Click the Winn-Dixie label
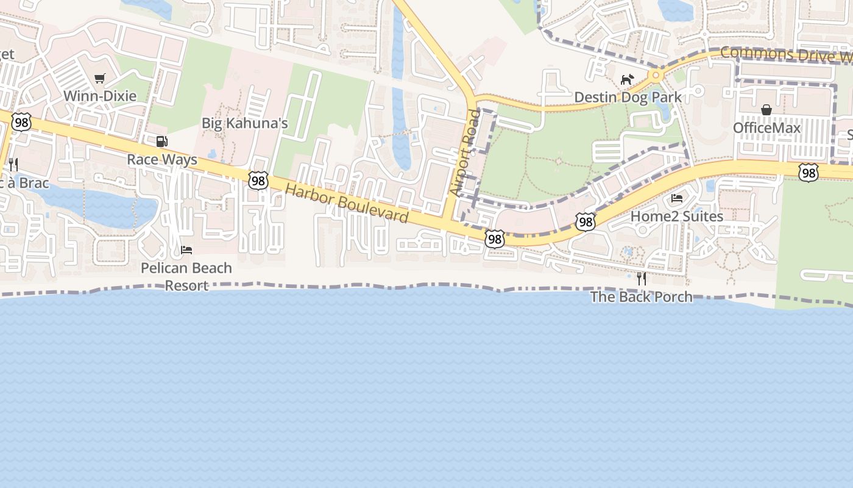click(100, 96)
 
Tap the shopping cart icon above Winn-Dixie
click(100, 78)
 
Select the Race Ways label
click(162, 160)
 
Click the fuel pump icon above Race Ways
click(161, 142)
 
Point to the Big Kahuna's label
click(244, 123)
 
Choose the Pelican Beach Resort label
click(186, 276)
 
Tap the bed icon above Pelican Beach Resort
click(186, 250)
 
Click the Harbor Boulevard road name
click(347, 203)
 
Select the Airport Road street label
click(465, 152)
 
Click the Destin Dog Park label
click(628, 98)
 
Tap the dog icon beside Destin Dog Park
click(627, 79)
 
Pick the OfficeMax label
click(766, 127)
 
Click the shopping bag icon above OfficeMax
click(766, 110)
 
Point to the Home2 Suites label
click(677, 216)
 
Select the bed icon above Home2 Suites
click(677, 198)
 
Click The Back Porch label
click(641, 296)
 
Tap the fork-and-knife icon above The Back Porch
click(641, 278)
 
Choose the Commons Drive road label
click(786, 54)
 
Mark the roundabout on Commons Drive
click(656, 76)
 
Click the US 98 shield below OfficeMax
click(809, 173)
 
